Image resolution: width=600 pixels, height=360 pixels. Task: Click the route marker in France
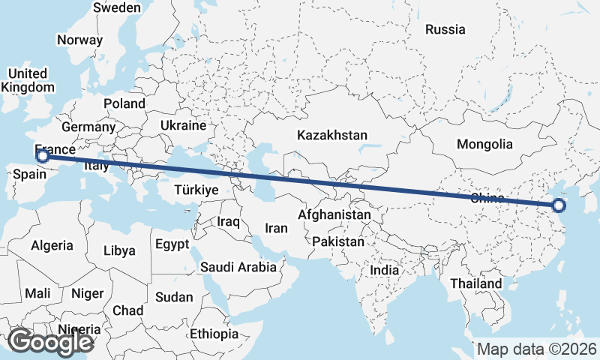43,156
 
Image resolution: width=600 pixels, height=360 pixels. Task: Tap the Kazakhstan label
331,136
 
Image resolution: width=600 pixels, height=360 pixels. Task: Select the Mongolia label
484,144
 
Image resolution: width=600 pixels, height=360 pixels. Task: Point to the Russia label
445,30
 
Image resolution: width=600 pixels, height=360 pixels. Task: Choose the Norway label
79,40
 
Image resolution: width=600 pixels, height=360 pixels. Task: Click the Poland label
124,103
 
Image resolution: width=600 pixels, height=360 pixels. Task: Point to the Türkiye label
196,190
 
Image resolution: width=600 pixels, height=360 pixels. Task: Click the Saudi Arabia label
239,266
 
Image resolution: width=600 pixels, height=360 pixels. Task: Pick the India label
385,270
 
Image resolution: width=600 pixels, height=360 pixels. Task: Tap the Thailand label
476,284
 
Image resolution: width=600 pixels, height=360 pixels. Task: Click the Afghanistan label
334,214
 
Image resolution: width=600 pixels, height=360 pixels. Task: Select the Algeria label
52,245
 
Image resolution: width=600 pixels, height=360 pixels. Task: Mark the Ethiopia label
214,334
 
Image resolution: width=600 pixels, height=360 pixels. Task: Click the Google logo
51,342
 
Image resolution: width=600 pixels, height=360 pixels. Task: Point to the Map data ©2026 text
537,349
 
